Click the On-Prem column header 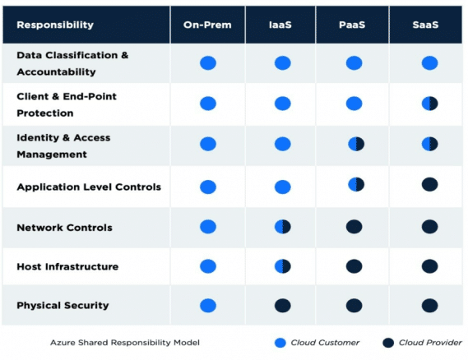pyautogui.click(x=207, y=25)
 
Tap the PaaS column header pyautogui.click(x=354, y=25)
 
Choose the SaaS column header pyautogui.click(x=429, y=25)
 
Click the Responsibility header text pyautogui.click(x=55, y=25)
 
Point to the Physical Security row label pyautogui.click(x=63, y=306)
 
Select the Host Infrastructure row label pyautogui.click(x=67, y=267)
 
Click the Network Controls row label pyautogui.click(x=64, y=228)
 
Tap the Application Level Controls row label pyautogui.click(x=89, y=187)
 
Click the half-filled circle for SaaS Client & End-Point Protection pyautogui.click(x=429, y=104)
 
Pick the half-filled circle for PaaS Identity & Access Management pyautogui.click(x=355, y=144)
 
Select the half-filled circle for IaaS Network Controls pyautogui.click(x=282, y=227)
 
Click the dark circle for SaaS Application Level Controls pyautogui.click(x=429, y=185)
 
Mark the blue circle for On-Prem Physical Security pyautogui.click(x=208, y=306)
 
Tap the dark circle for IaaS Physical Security pyautogui.click(x=282, y=306)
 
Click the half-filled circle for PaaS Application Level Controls pyautogui.click(x=355, y=184)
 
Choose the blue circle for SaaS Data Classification pyautogui.click(x=429, y=63)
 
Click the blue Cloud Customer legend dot pyautogui.click(x=280, y=343)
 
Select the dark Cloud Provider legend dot pyautogui.click(x=387, y=343)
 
